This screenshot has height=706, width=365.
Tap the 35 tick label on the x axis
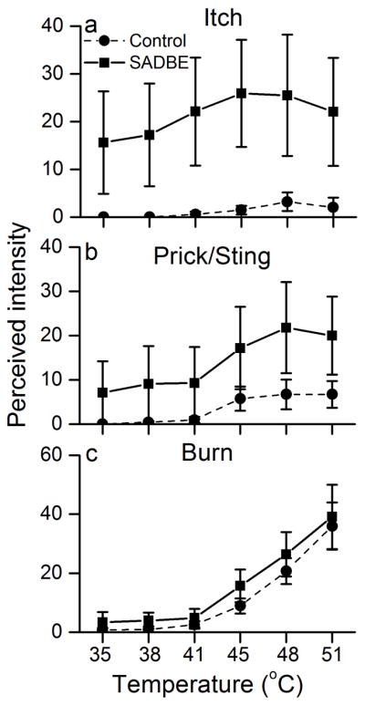point(103,650)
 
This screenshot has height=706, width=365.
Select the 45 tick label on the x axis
point(241,650)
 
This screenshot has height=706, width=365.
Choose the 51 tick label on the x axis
point(333,650)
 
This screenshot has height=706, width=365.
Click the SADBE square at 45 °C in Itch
point(241,93)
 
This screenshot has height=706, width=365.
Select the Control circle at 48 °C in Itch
point(287,202)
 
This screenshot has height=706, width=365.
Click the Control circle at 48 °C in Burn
point(287,571)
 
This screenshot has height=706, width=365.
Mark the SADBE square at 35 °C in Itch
point(103,142)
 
